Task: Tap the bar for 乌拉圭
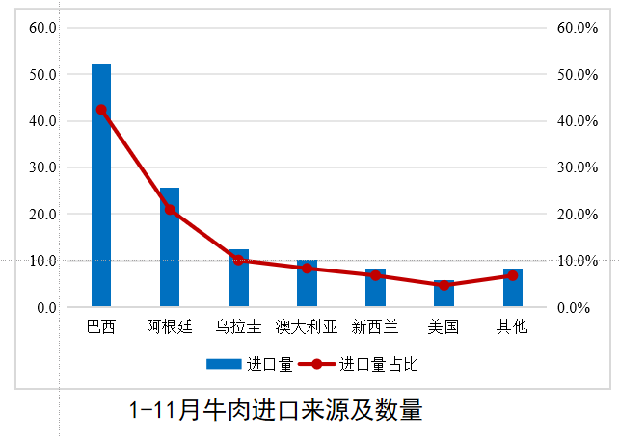point(238,279)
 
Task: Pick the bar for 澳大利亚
point(307,285)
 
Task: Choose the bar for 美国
point(444,295)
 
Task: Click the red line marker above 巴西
point(101,110)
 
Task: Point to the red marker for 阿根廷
point(170,210)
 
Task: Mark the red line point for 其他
point(512,275)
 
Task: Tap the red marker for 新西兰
point(375,275)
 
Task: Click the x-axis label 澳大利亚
point(307,326)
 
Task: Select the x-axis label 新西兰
point(375,326)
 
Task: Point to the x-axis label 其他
point(512,326)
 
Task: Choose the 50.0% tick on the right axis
point(579,74)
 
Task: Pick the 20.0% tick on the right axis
point(579,214)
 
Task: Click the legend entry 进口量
point(250,365)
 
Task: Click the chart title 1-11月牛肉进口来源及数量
point(276,410)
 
